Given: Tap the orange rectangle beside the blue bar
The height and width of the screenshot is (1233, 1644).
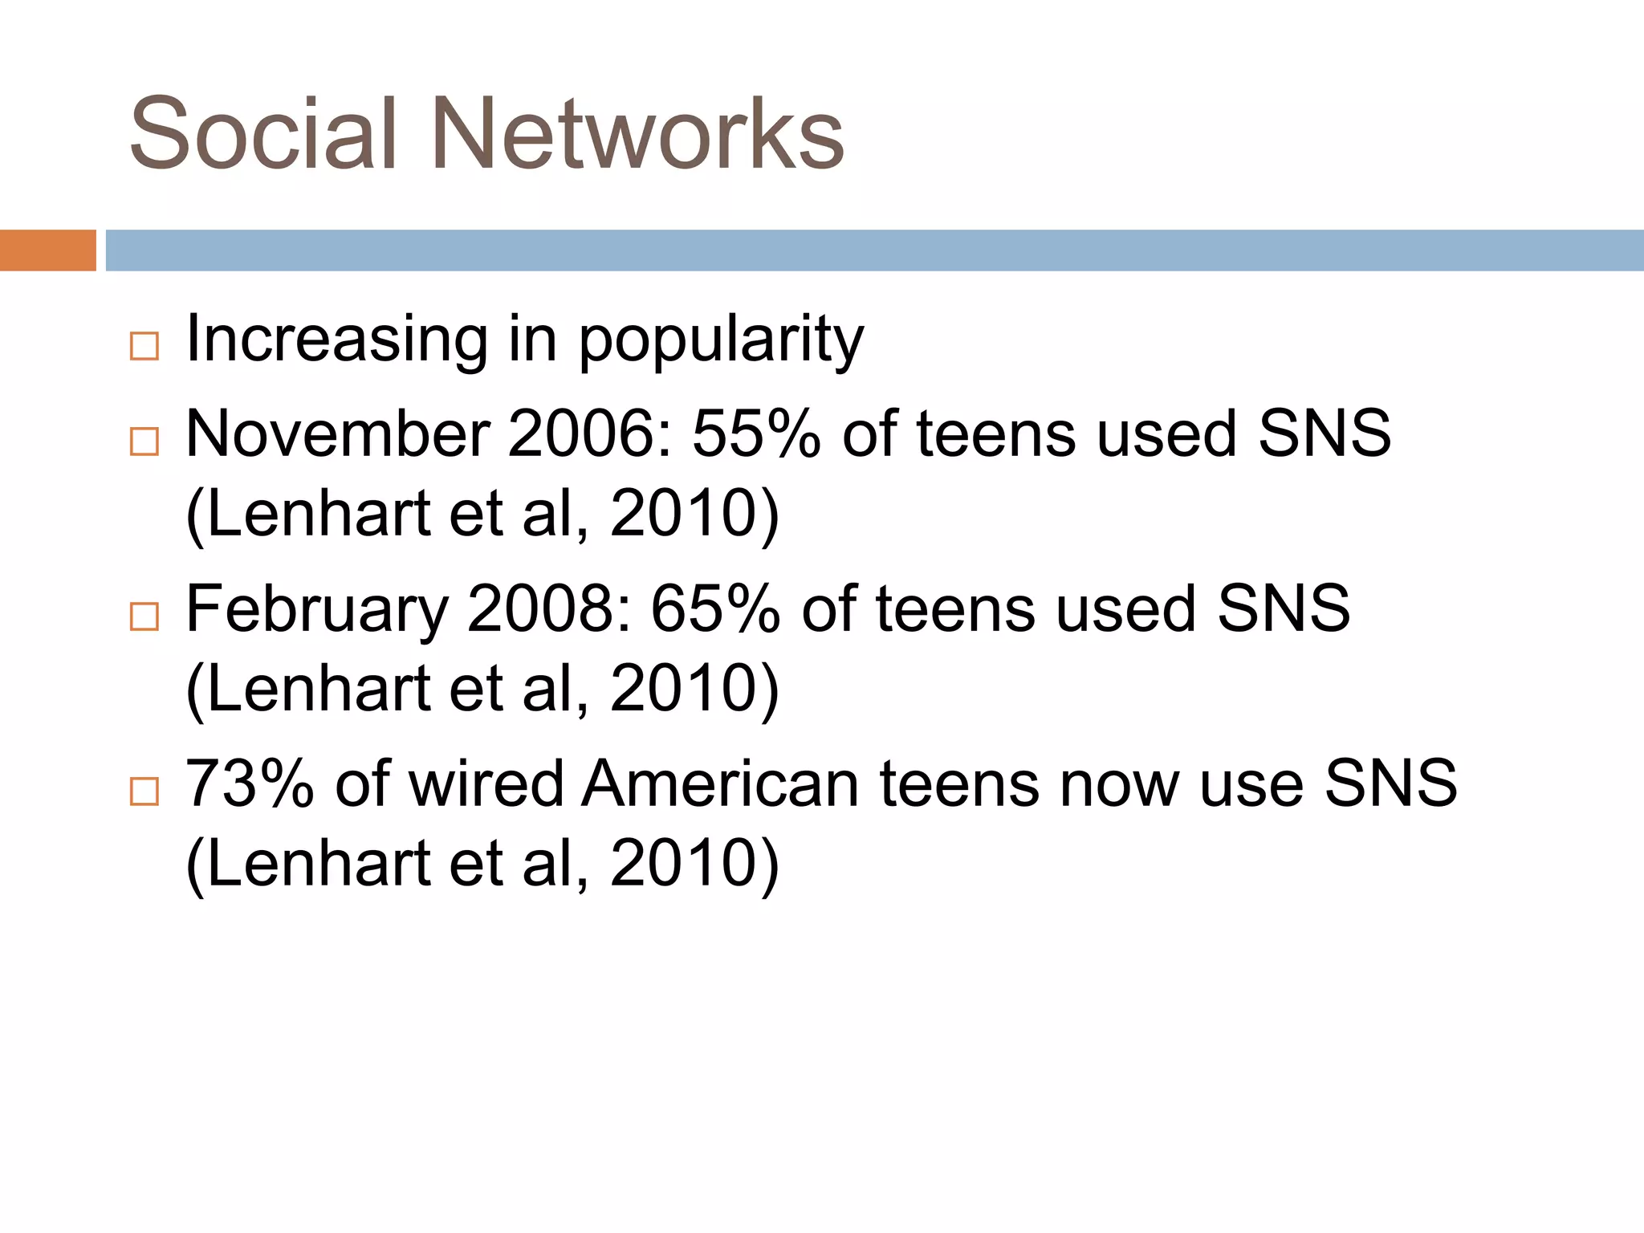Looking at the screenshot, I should (47, 250).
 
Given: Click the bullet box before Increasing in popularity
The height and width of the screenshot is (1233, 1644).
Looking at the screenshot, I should (144, 347).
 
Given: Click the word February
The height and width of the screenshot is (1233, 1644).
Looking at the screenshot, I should (317, 610).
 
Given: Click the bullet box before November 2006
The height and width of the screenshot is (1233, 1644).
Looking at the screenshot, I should (144, 442).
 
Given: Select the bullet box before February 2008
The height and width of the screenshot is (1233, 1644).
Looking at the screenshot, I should (144, 616).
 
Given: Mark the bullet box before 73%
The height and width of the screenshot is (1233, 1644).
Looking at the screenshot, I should (144, 791).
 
